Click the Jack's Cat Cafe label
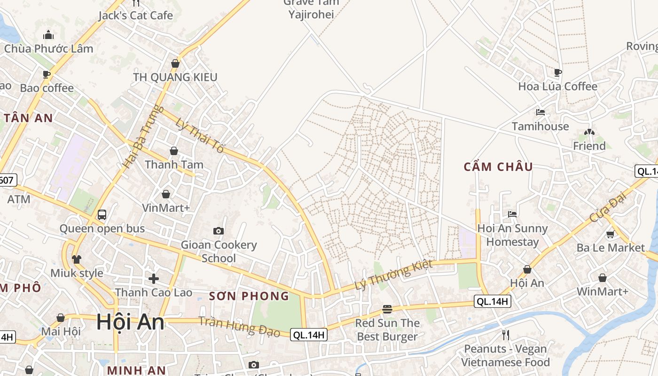[x=135, y=16]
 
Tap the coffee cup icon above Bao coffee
[x=47, y=74]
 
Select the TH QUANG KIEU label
[x=175, y=77]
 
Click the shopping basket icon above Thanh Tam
[x=173, y=151]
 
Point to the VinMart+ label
[x=166, y=207]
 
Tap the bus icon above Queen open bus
[x=102, y=215]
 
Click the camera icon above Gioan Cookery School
[x=219, y=231]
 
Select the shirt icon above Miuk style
[x=77, y=259]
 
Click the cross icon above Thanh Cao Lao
[x=153, y=279]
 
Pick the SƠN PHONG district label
[x=249, y=296]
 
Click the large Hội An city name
[x=131, y=322]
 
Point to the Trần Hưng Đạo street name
[x=239, y=327]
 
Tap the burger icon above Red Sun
[x=387, y=309]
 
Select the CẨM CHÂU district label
[x=498, y=167]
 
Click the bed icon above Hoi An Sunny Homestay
[x=512, y=214]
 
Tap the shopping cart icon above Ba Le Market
[x=610, y=234]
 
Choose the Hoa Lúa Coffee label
[x=557, y=86]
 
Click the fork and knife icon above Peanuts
[x=506, y=335]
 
